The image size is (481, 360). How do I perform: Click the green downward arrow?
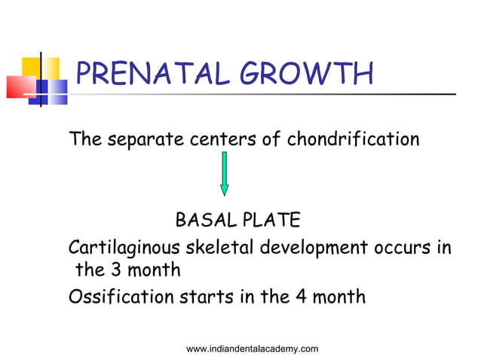point(224,173)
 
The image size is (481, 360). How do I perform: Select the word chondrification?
point(353,139)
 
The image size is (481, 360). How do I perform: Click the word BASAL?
point(204,220)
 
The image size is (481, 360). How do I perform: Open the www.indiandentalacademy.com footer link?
point(252,348)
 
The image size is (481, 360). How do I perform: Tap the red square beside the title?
point(19,87)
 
